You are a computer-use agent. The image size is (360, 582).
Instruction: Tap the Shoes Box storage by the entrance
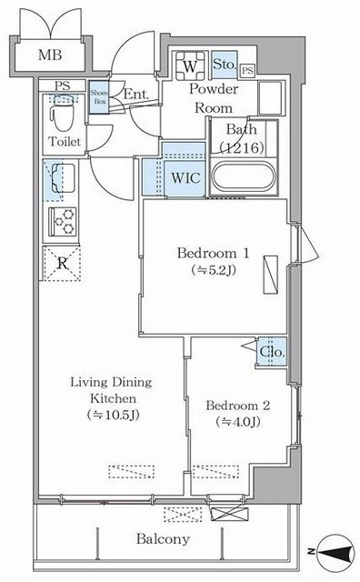100,96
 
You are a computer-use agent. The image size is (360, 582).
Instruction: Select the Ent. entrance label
135,94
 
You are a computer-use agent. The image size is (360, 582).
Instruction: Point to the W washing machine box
190,65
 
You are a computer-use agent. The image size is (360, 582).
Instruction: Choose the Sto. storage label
223,65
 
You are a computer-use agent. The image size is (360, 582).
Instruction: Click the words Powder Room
213,97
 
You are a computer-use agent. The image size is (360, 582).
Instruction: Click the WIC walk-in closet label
185,176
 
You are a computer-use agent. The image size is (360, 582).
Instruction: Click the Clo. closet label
272,352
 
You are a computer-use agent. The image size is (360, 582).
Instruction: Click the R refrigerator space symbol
61,263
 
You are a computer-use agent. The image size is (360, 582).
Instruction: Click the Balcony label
163,539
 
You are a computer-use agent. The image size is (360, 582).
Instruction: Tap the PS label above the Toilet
61,86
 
